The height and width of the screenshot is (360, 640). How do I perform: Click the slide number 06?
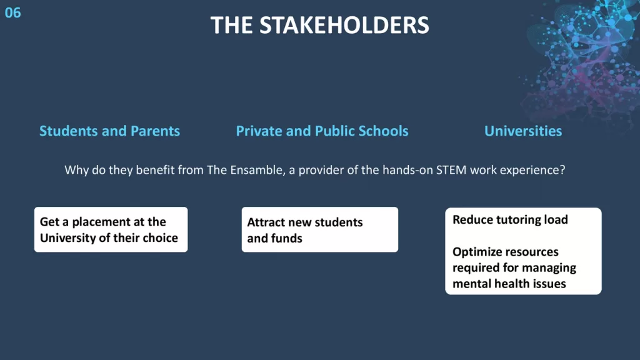(x=12, y=12)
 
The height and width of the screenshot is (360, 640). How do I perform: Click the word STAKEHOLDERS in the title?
(x=344, y=25)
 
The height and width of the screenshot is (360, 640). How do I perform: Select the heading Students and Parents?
(x=109, y=131)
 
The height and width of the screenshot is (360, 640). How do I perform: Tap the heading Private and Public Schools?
(x=322, y=131)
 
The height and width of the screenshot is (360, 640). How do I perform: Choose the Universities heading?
(x=523, y=131)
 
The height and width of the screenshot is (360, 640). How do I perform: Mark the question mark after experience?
(x=562, y=170)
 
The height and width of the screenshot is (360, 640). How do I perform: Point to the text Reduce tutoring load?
(x=510, y=220)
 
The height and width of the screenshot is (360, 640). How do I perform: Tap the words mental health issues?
(x=509, y=284)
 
